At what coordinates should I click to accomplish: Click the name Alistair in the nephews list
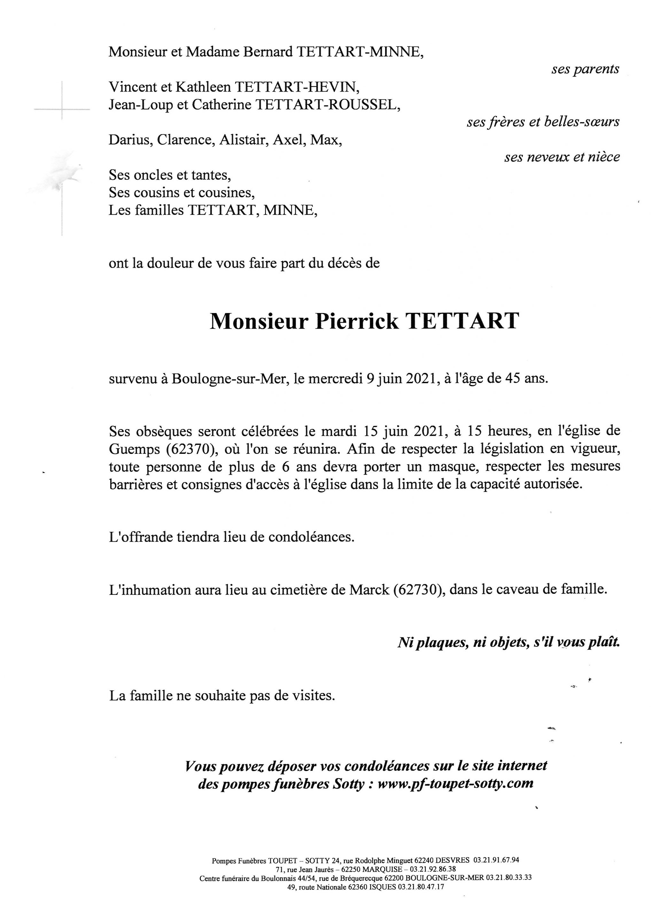click(x=243, y=140)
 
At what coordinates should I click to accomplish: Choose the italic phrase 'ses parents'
click(x=585, y=69)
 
